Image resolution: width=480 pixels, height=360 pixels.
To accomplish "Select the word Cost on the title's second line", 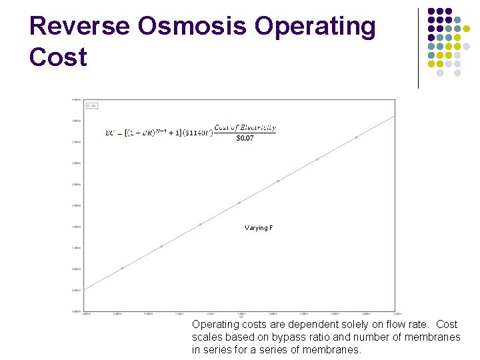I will tap(58, 57).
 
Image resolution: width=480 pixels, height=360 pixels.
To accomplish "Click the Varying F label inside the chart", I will tap(259, 228).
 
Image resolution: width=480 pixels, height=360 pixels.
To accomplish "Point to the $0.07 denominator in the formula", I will tap(245, 138).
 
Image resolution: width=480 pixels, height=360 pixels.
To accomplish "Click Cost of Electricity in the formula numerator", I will tap(245, 127).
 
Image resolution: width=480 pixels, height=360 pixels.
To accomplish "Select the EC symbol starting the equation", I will tap(110, 133).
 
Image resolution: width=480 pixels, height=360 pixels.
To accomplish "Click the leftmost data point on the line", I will tap(84, 290).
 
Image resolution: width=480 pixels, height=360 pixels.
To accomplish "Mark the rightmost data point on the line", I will tap(395, 116).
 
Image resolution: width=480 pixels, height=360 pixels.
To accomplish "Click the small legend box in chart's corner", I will tap(92, 105).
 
